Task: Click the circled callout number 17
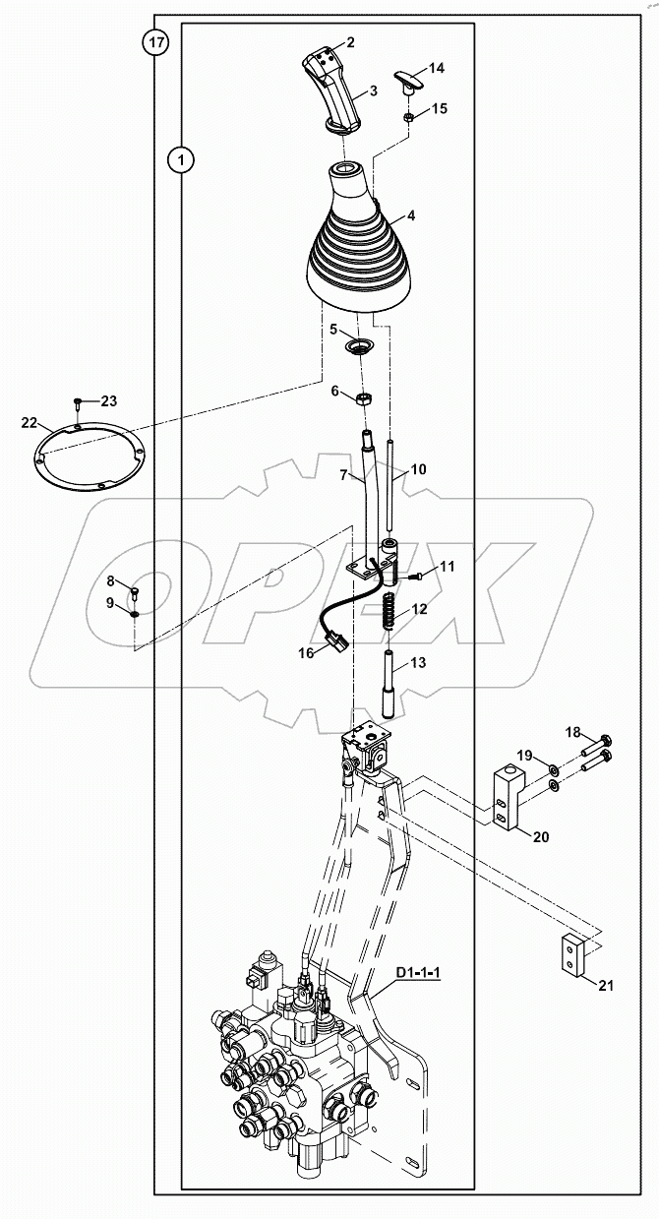155,42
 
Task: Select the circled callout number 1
181,158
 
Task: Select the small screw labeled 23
77,401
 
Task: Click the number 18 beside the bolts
572,731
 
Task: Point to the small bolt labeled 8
136,592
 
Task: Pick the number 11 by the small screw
447,567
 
